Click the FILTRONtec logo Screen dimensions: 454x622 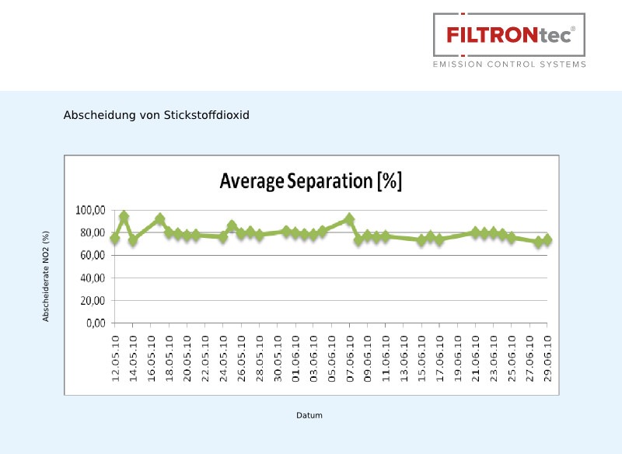[509, 35]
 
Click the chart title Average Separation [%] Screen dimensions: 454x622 [310, 181]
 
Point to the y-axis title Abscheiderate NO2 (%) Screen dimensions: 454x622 [46, 276]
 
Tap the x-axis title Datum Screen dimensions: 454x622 [309, 415]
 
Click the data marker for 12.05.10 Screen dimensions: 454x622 [115, 239]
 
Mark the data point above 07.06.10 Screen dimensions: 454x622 [349, 220]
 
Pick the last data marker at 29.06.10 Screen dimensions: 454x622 [547, 240]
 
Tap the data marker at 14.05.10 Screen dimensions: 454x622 [133, 240]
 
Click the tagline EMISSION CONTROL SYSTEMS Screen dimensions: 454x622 [509, 65]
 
